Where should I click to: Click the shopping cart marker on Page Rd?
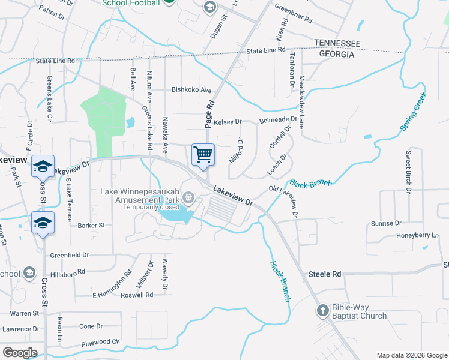click(x=203, y=154)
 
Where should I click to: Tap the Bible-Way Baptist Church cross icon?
click(x=322, y=310)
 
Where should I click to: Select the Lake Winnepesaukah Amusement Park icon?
click(x=189, y=197)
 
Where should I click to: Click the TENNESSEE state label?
click(x=337, y=44)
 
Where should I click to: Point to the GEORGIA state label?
click(x=332, y=54)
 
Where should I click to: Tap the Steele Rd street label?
click(x=325, y=274)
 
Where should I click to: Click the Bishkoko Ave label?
click(x=191, y=91)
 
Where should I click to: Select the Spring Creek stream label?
click(x=414, y=112)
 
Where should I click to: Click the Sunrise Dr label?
click(x=386, y=223)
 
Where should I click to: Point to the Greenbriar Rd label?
click(x=294, y=14)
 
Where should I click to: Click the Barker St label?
click(x=91, y=226)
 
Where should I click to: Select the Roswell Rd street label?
click(x=136, y=295)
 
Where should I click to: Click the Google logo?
click(x=20, y=353)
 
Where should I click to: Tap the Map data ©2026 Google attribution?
click(x=411, y=355)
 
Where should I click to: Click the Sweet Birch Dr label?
click(x=408, y=172)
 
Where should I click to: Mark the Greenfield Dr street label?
click(x=70, y=254)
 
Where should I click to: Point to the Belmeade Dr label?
click(x=278, y=120)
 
